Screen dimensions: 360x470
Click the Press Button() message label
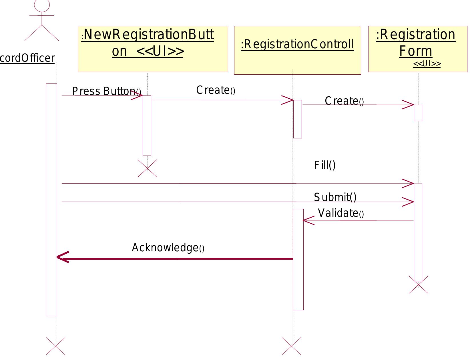(x=106, y=91)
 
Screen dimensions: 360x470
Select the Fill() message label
(x=325, y=165)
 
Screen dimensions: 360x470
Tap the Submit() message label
(x=335, y=197)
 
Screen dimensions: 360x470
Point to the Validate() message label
(x=340, y=213)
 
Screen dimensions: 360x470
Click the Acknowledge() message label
(x=168, y=248)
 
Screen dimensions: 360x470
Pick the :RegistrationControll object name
(x=297, y=45)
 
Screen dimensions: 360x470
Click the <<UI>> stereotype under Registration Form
(x=427, y=64)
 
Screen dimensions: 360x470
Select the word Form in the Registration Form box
(x=416, y=51)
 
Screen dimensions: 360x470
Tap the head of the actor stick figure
(x=42, y=5)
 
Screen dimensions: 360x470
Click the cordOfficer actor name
(x=27, y=58)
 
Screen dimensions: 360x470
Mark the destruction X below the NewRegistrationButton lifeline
(x=147, y=168)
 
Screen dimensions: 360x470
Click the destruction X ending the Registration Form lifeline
(x=419, y=285)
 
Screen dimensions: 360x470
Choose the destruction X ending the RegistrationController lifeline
(x=291, y=346)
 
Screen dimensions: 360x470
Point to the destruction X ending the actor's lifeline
(x=55, y=346)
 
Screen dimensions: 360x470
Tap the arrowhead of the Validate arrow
(x=308, y=220)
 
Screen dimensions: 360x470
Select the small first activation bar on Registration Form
(x=418, y=113)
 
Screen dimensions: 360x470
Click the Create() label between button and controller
(x=216, y=90)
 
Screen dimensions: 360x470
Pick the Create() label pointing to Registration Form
(x=344, y=101)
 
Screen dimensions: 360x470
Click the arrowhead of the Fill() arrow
(x=409, y=184)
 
